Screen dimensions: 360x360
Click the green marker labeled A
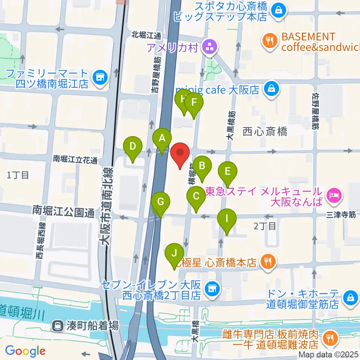click(x=162, y=139)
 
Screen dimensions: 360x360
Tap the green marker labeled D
click(x=132, y=146)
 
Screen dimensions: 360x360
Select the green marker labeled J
click(x=174, y=253)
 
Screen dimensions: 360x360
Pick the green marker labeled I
click(x=226, y=218)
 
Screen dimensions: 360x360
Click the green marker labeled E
click(x=227, y=172)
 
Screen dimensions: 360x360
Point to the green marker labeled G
click(x=160, y=202)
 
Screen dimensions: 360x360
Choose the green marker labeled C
click(x=196, y=196)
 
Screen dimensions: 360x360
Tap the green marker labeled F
click(x=194, y=103)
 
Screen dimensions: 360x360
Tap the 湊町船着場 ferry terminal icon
click(x=58, y=325)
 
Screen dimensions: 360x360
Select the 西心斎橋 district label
click(x=265, y=132)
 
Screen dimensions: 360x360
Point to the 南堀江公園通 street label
click(x=63, y=213)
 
